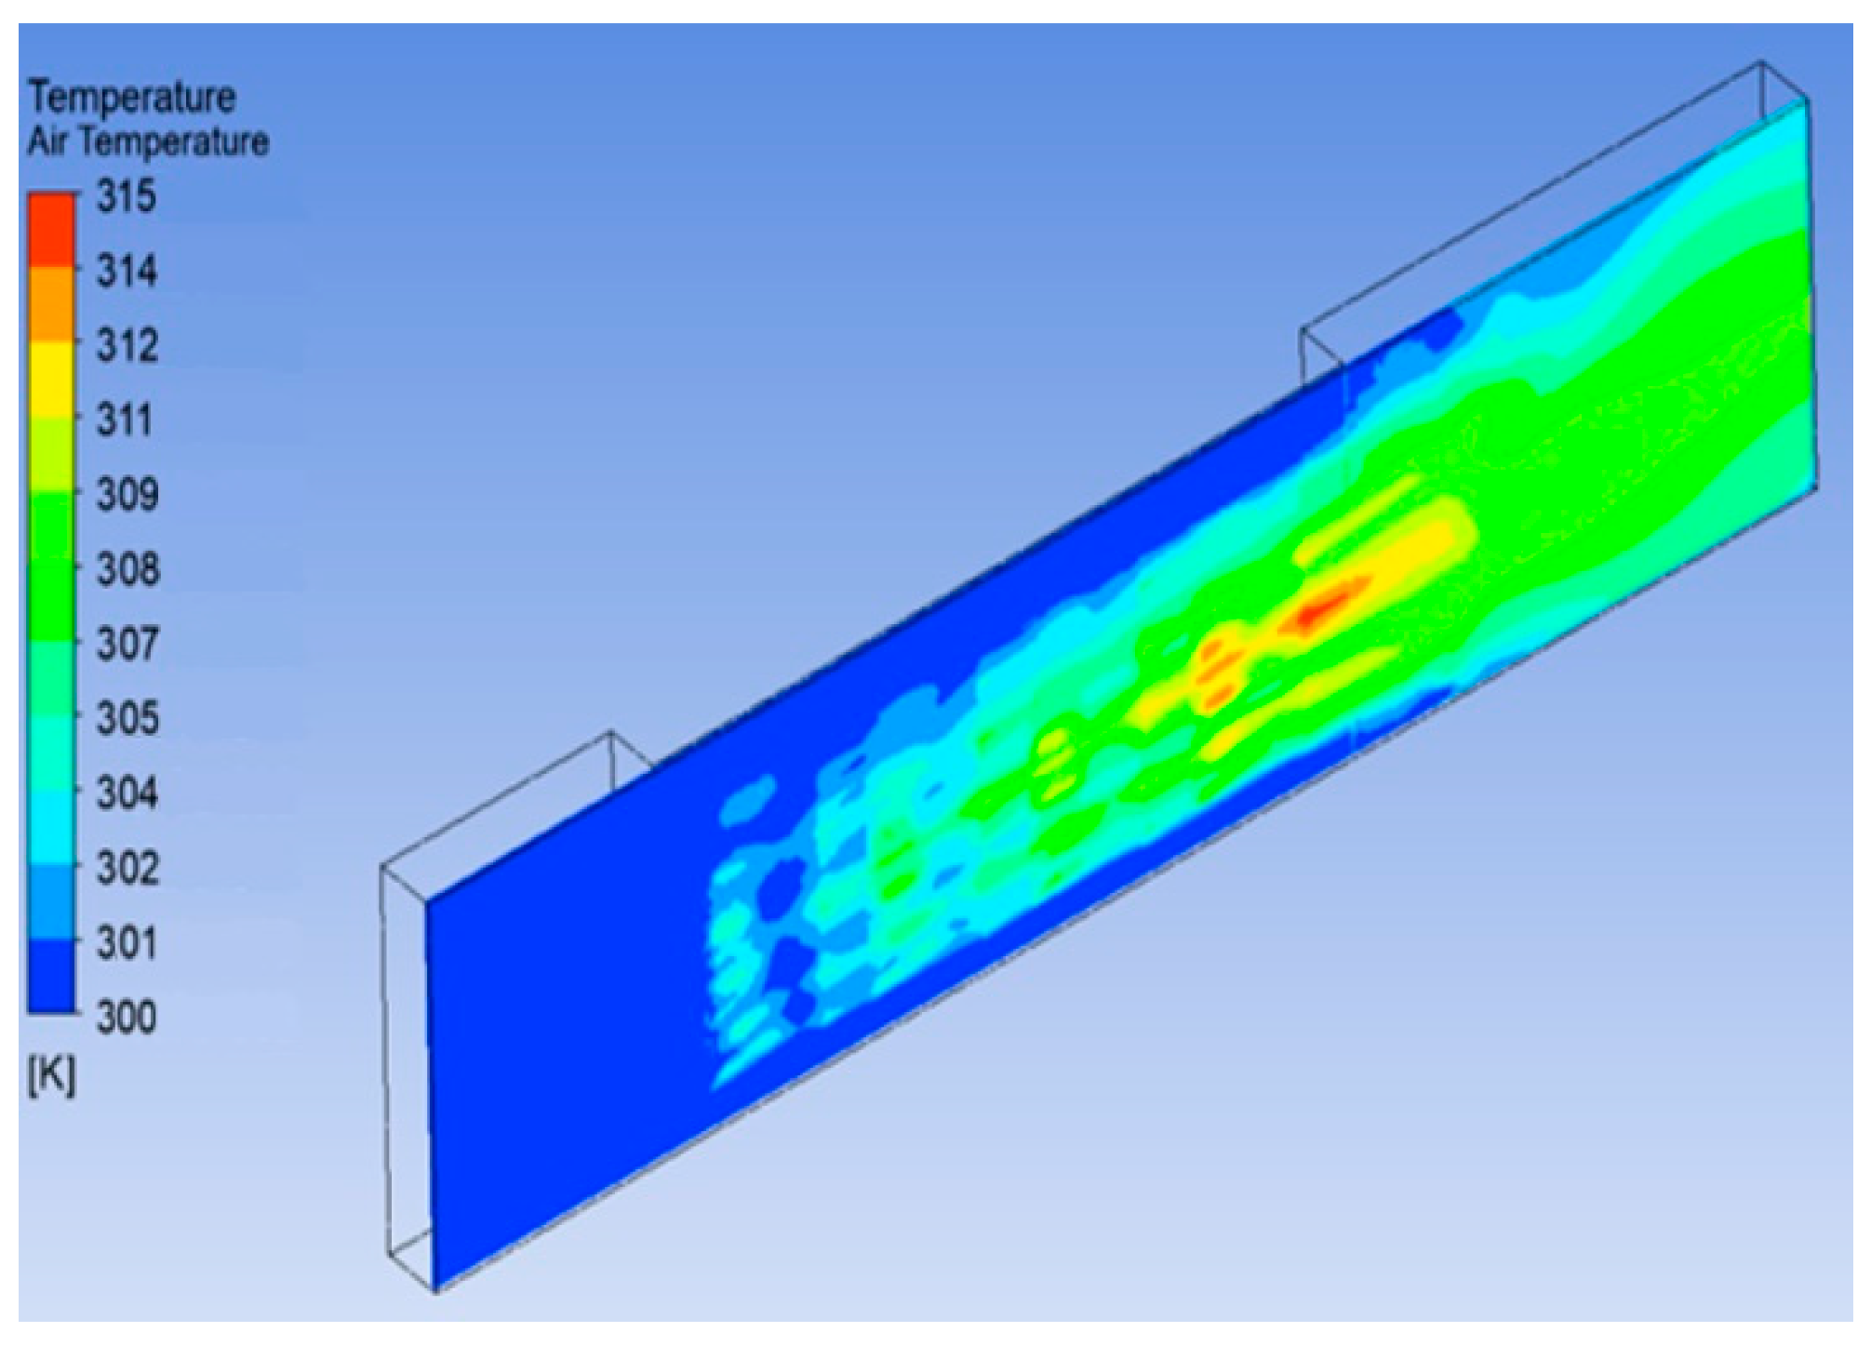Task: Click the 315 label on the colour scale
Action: (x=127, y=196)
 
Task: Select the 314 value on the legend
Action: (x=127, y=271)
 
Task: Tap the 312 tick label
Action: (x=127, y=345)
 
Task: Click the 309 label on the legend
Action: (x=127, y=494)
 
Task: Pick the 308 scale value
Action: (x=127, y=568)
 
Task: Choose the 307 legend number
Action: (x=127, y=643)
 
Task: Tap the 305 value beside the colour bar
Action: (x=127, y=718)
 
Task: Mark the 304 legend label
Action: (x=127, y=792)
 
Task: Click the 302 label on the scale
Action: (x=127, y=867)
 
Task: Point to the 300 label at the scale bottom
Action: (x=127, y=1017)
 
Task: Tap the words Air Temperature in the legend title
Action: (x=148, y=141)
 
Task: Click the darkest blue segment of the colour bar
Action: (x=51, y=975)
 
